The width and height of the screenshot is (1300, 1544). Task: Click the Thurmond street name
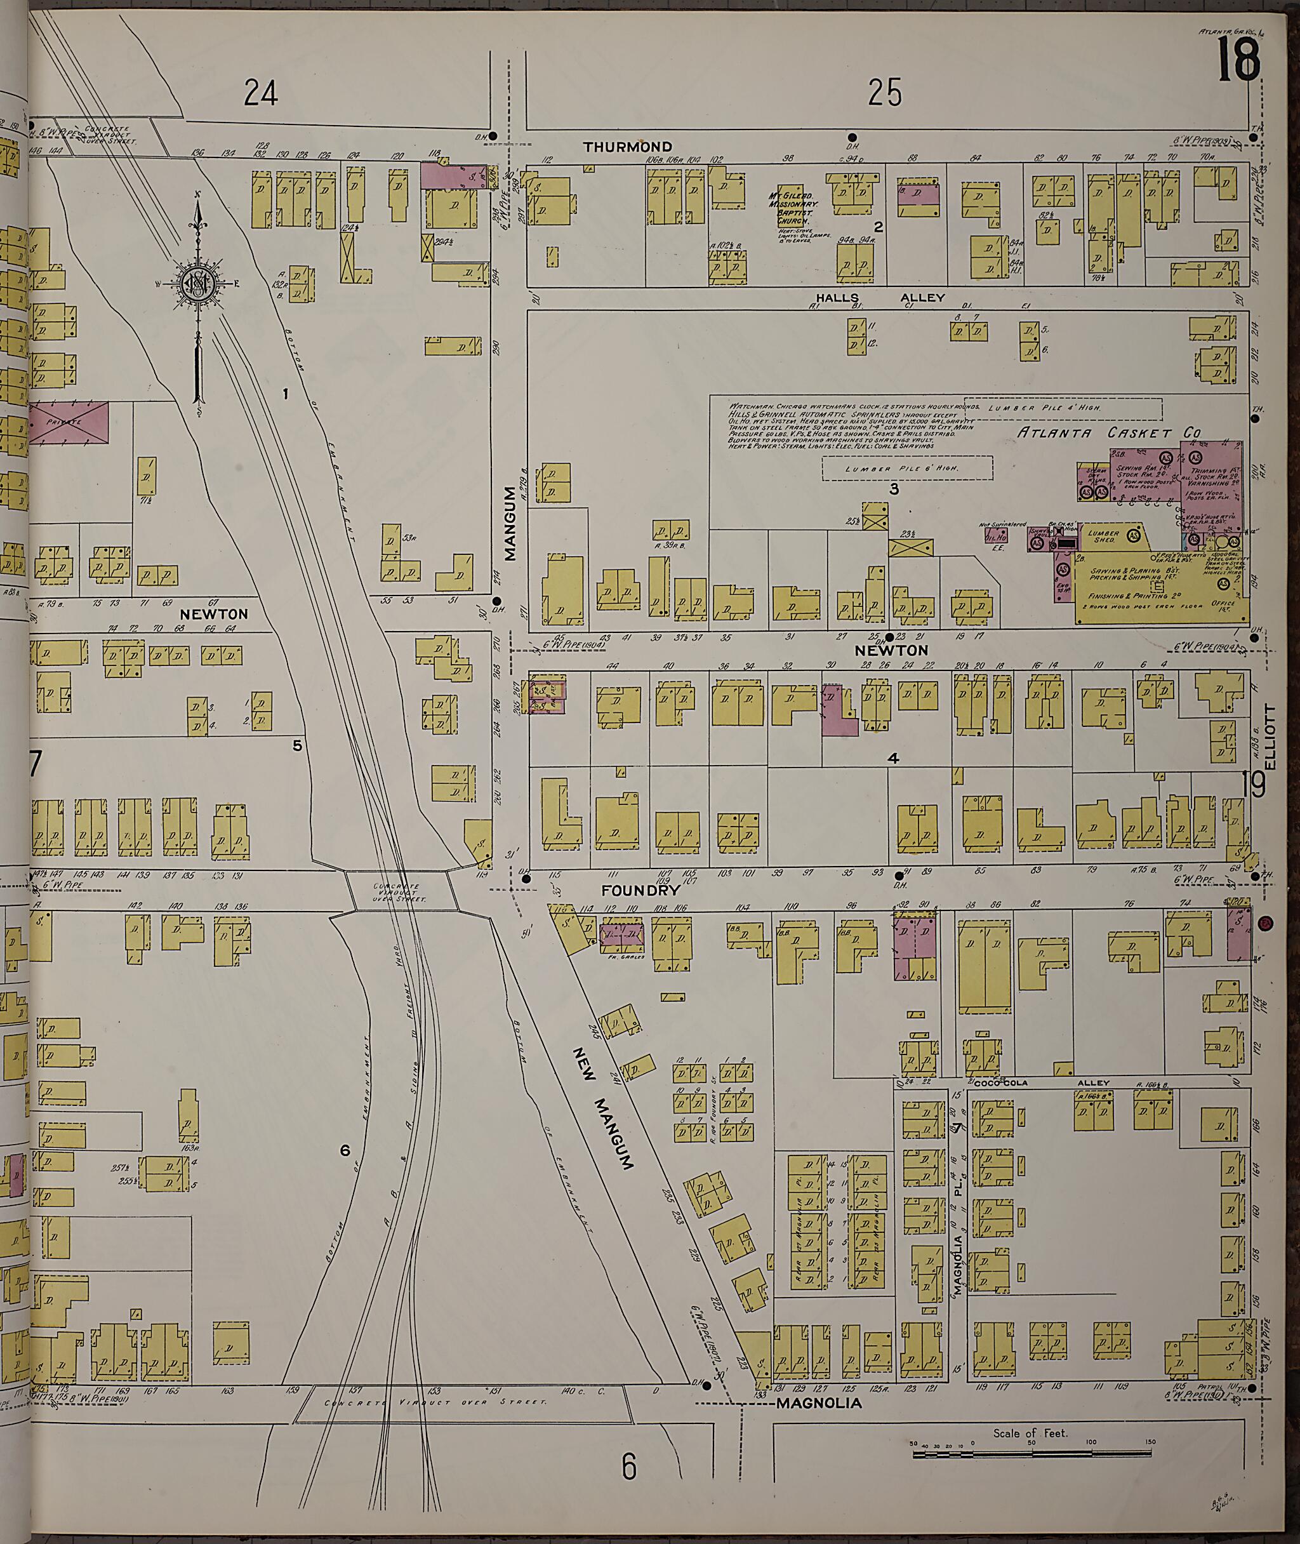(x=627, y=147)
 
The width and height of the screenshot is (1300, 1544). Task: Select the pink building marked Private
(x=69, y=423)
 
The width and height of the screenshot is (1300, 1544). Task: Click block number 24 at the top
(x=261, y=93)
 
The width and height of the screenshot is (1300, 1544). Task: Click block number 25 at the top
(x=884, y=93)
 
